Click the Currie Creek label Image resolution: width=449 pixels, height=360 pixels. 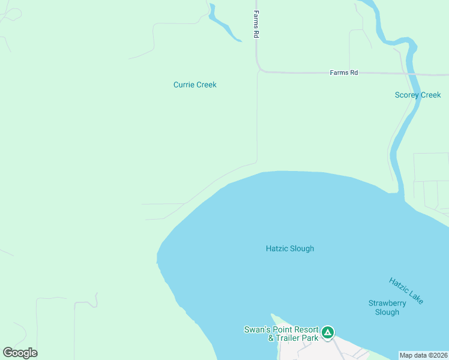194,85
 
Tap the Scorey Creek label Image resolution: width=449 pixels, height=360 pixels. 418,95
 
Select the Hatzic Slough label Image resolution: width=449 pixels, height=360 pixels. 290,248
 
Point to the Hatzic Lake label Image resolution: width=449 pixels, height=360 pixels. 406,290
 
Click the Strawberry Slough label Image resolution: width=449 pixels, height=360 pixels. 387,307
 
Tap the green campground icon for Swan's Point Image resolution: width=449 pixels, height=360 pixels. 327,332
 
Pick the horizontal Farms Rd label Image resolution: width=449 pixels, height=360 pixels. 344,72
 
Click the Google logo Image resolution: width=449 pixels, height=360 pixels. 20,352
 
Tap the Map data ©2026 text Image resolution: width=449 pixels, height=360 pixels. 424,355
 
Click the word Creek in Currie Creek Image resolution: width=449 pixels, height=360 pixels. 206,85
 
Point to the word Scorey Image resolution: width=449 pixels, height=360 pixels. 407,95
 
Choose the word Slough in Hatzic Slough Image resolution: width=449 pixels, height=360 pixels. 302,248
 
